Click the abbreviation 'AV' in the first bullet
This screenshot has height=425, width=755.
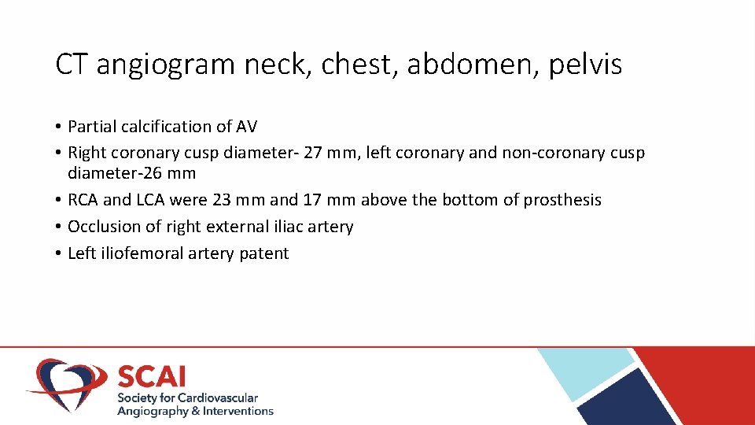coord(246,127)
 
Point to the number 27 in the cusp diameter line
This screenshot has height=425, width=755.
coord(313,153)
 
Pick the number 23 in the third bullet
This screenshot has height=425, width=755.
coord(223,200)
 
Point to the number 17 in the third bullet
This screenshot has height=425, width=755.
coord(312,200)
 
